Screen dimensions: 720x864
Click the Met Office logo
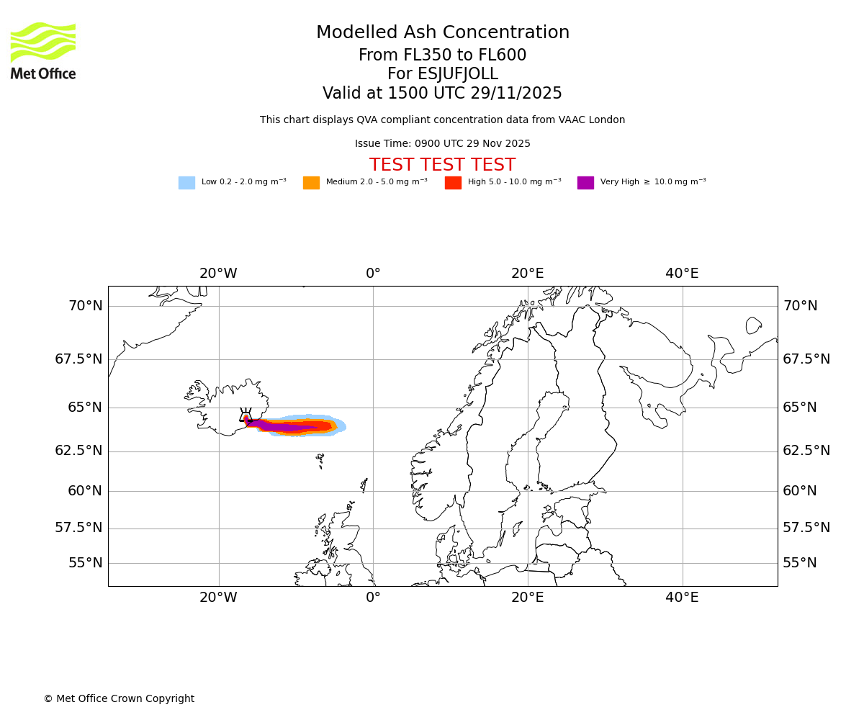(43, 50)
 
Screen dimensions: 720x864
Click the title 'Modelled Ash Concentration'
(442, 32)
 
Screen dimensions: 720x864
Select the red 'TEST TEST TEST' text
(442, 165)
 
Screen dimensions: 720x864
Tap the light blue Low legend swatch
(186, 183)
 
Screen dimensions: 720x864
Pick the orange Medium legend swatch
(311, 183)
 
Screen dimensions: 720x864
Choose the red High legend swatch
(453, 183)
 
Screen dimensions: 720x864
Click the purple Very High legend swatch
(585, 183)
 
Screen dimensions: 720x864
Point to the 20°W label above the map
(218, 274)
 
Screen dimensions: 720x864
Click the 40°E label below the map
(682, 598)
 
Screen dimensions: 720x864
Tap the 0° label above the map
(373, 274)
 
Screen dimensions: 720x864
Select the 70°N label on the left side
(85, 306)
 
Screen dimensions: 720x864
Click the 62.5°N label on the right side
(806, 451)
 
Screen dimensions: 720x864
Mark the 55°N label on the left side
(85, 563)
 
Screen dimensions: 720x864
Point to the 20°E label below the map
(528, 598)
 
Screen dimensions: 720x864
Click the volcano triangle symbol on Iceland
(246, 415)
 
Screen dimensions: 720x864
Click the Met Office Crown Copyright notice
(119, 699)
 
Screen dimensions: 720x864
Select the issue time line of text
(442, 144)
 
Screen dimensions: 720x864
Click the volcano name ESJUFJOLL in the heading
(442, 74)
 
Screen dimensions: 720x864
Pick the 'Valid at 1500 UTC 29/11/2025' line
(442, 94)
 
